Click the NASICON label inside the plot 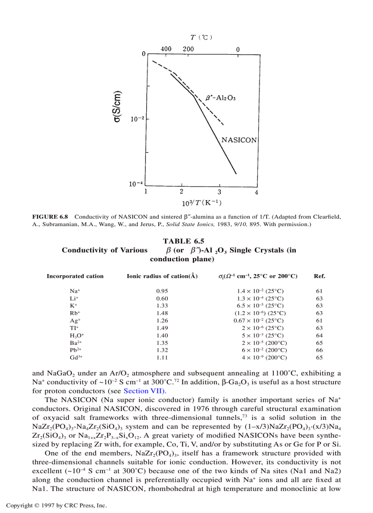[239, 140]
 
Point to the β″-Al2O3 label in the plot [221, 97]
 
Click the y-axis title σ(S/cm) [117, 105]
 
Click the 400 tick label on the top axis [166, 49]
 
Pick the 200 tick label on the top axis [188, 49]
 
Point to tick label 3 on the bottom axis [219, 192]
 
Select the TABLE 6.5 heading [183, 241]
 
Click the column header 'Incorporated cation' [75, 276]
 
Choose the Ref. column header [319, 276]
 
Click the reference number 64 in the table [319, 335]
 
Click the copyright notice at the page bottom [56, 505]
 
